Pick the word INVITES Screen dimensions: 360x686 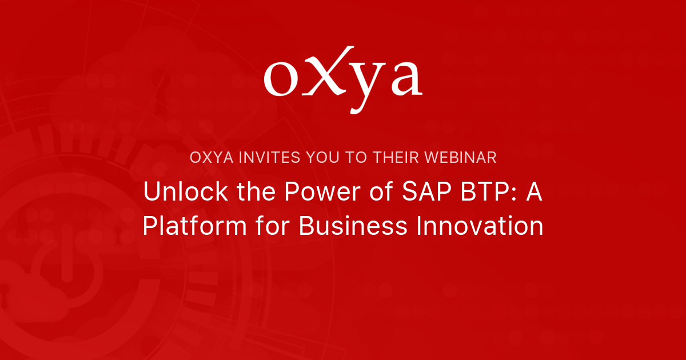(x=268, y=157)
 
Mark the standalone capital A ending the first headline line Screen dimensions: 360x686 (x=533, y=191)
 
